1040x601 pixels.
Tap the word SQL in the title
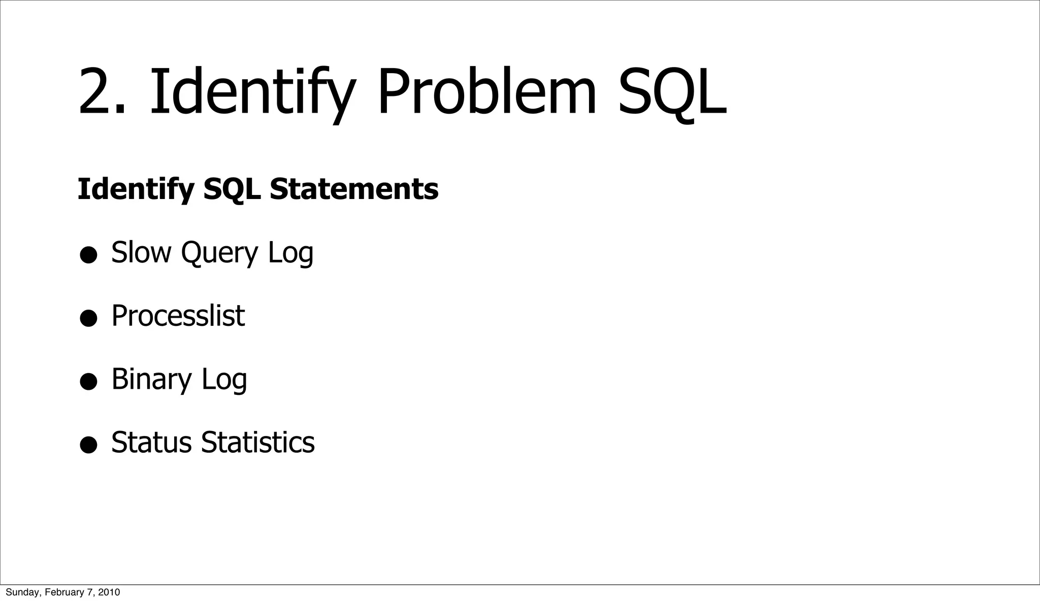click(x=671, y=93)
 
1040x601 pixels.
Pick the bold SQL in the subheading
click(x=232, y=189)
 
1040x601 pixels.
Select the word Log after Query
click(x=290, y=252)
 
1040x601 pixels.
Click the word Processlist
click(x=178, y=316)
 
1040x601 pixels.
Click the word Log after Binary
click(x=224, y=379)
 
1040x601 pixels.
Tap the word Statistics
click(x=258, y=442)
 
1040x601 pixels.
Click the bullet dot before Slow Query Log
click(x=88, y=255)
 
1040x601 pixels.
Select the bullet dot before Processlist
click(x=88, y=319)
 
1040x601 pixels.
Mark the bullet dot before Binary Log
click(x=88, y=382)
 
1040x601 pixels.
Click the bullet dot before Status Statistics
click(x=88, y=445)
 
